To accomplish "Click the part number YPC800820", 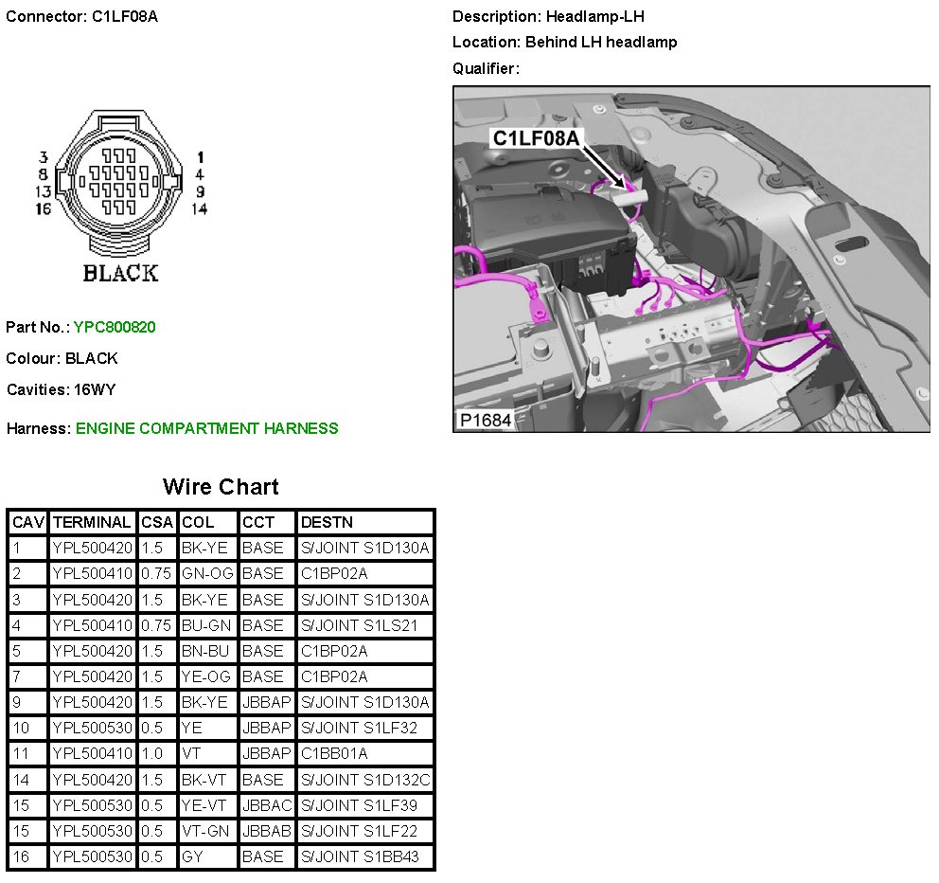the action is [115, 327].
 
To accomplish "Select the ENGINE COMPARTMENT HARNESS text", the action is [206, 428].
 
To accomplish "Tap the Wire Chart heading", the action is [221, 486].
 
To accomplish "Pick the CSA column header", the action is [157, 522].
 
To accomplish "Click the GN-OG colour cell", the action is [207, 574].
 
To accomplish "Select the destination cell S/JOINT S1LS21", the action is [359, 625].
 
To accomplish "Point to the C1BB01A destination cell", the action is [334, 753].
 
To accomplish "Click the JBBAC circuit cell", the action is [267, 805].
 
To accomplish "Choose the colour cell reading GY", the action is [191, 856].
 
